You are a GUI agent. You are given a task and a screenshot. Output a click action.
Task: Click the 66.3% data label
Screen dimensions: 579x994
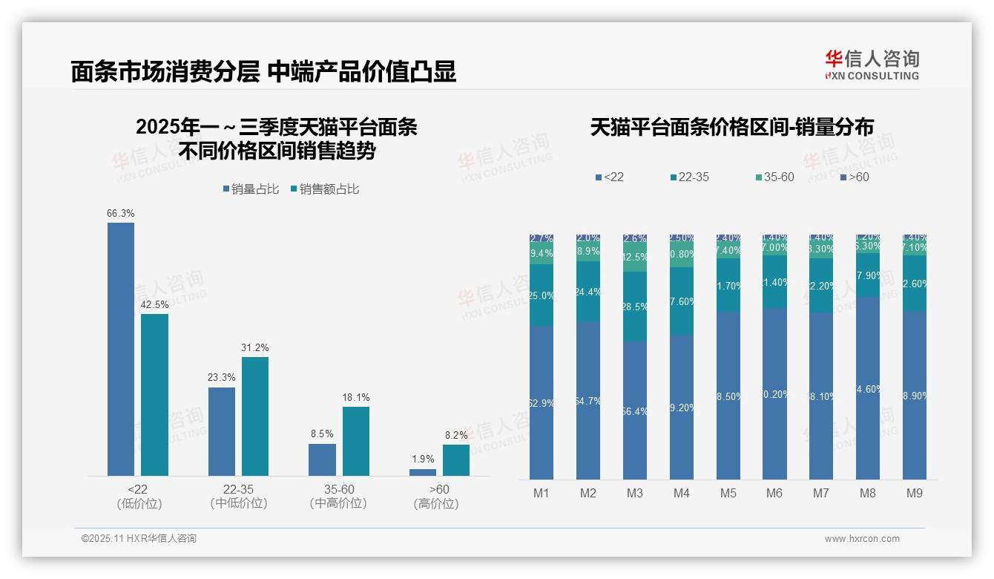coord(121,214)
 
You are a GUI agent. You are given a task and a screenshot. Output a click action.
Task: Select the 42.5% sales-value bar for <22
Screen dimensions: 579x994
coord(154,394)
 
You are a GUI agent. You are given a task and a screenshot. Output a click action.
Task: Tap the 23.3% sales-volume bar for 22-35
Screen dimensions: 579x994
coord(222,431)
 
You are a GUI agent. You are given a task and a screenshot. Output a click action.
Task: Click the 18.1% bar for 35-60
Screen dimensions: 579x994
coord(355,441)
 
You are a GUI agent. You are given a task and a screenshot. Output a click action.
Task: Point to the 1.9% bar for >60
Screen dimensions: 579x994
coord(423,472)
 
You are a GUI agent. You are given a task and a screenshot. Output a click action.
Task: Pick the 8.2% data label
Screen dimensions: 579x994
coord(456,436)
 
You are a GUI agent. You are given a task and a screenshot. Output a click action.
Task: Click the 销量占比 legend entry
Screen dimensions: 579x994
coord(251,189)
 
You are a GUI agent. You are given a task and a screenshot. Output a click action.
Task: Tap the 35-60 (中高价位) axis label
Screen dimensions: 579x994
coord(338,497)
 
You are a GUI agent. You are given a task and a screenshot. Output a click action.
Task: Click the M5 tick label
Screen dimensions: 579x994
coord(728,493)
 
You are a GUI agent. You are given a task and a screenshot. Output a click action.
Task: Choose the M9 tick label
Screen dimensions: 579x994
coord(915,493)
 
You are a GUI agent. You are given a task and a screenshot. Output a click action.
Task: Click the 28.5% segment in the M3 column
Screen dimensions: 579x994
coord(635,307)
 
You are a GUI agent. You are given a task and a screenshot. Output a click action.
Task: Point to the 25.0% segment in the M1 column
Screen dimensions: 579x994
coord(542,295)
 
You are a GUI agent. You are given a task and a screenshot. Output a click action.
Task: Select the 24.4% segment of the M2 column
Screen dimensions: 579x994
coord(588,291)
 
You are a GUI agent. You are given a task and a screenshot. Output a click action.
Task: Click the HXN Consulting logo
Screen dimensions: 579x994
coord(872,65)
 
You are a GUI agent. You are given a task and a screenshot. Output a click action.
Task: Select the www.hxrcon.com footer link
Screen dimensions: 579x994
coord(862,539)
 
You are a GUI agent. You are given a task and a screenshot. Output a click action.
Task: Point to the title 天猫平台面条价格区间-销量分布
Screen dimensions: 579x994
coord(731,127)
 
